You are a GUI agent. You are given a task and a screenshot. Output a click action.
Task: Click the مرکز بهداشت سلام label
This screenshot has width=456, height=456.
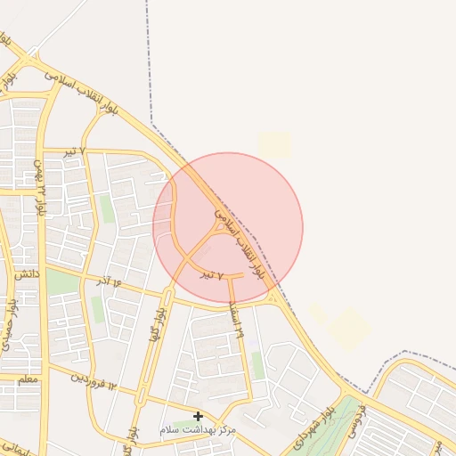click(198, 430)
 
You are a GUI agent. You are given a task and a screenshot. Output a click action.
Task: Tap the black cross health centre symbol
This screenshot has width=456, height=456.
click(198, 416)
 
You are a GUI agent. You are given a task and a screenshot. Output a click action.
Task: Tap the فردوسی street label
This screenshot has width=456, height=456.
click(357, 419)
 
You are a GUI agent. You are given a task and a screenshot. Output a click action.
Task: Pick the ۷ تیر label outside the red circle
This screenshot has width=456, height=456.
click(73, 152)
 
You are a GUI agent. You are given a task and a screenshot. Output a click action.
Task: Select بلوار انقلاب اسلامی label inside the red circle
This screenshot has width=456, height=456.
click(239, 244)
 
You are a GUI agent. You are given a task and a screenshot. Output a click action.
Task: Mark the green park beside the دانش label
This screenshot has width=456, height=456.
click(62, 283)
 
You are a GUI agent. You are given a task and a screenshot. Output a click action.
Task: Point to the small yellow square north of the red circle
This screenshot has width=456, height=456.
click(275, 145)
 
